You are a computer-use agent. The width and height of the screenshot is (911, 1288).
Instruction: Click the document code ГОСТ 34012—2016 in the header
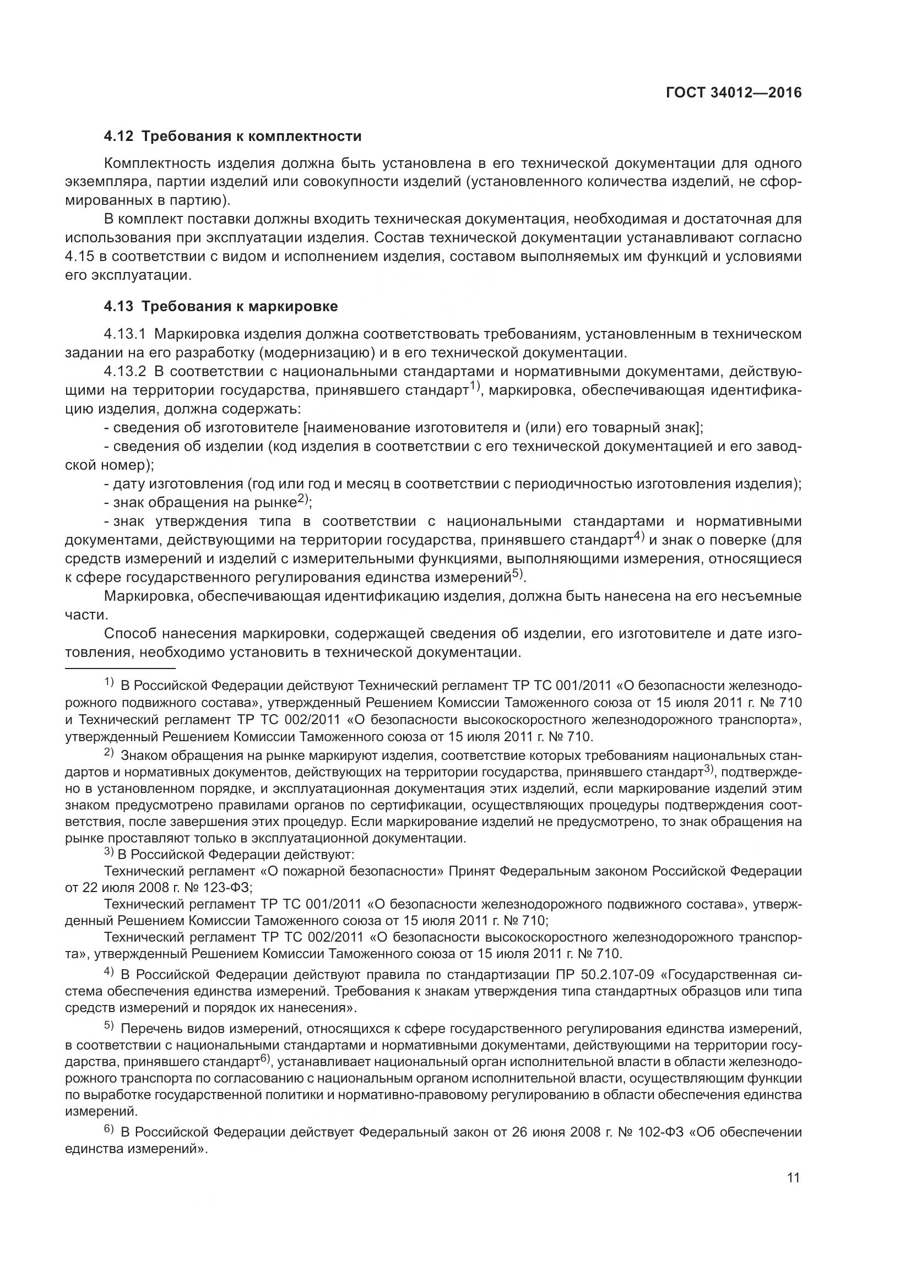pos(734,93)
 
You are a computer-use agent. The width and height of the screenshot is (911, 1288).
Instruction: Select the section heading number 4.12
pos(118,137)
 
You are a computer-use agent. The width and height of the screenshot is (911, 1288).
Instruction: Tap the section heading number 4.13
pos(118,306)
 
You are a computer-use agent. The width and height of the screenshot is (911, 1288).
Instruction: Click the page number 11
pos(793,1177)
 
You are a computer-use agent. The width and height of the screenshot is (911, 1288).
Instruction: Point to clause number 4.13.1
pos(124,334)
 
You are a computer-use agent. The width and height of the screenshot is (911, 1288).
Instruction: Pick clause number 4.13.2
pos(124,371)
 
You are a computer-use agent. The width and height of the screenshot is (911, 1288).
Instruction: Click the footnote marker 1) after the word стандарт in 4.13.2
pos(476,386)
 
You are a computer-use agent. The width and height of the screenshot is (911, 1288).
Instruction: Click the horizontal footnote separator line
pos(120,668)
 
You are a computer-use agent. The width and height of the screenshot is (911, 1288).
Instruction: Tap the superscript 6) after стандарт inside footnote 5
pos(265,1059)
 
